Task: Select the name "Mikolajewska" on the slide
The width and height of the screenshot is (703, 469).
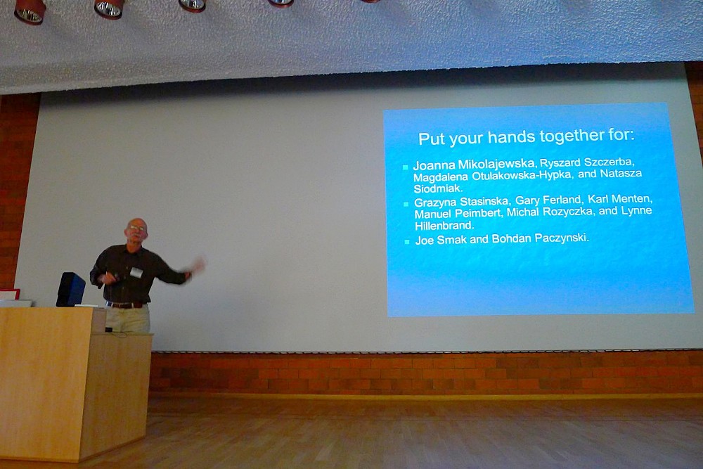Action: (x=496, y=164)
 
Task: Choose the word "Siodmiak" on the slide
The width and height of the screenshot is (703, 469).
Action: (x=437, y=188)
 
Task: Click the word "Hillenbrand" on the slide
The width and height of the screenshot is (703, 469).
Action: (x=444, y=226)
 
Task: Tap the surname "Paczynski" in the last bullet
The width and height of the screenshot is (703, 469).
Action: (x=562, y=238)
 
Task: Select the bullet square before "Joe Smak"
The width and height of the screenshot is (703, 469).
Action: (x=406, y=242)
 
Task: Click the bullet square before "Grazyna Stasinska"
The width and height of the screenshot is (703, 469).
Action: (x=406, y=204)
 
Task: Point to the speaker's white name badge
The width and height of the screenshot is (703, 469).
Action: (x=136, y=271)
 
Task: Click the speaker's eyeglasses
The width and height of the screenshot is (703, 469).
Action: (x=136, y=229)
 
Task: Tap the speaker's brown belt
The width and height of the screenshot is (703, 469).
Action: (x=127, y=305)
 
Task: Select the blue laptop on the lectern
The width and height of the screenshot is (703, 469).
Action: (x=70, y=290)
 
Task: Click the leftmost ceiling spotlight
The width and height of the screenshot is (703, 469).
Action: (x=30, y=11)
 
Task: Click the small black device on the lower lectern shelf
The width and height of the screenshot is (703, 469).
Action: (x=108, y=330)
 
